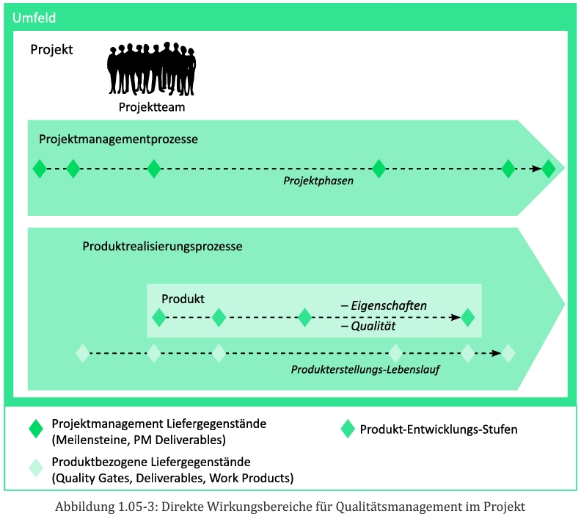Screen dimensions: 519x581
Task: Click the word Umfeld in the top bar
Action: [x=34, y=18]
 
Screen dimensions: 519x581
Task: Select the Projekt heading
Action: [x=51, y=50]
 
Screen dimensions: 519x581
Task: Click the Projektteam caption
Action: [x=152, y=107]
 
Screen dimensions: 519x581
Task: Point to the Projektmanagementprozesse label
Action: [x=118, y=138]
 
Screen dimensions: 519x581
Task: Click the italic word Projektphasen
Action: [x=318, y=181]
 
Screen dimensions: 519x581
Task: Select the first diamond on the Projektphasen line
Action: [x=40, y=168]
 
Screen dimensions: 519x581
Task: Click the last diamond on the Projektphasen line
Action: [x=549, y=168]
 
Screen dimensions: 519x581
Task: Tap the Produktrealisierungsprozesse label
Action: [x=162, y=247]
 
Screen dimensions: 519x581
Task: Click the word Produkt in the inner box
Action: [x=183, y=299]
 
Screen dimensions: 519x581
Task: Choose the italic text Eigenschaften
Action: [x=389, y=305]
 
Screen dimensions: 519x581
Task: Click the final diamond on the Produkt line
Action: [x=468, y=318]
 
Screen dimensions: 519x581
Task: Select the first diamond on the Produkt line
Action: [x=158, y=318]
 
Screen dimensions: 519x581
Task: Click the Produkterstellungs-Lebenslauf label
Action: [x=365, y=369]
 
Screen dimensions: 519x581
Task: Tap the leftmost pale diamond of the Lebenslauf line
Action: [x=82, y=353]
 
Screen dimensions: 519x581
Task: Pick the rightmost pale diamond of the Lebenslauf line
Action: [x=508, y=353]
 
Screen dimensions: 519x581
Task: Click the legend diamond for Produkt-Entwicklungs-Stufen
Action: [x=348, y=429]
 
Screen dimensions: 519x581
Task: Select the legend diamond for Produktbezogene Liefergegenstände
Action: [x=35, y=468]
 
